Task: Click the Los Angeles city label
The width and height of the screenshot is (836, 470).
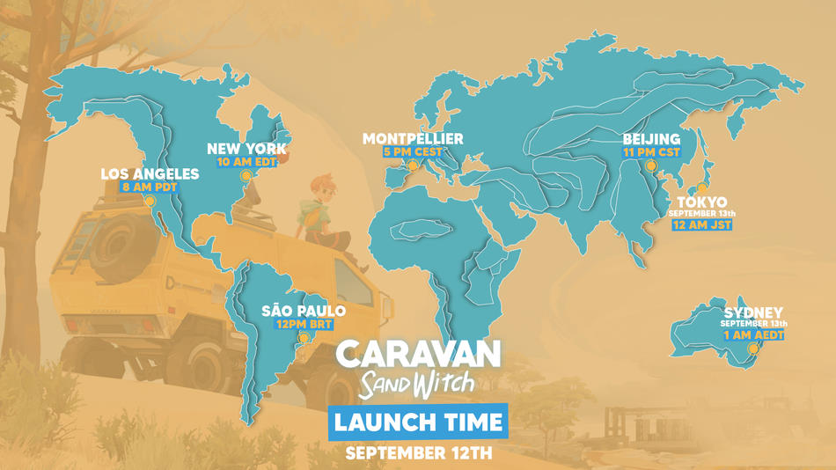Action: pos(150,173)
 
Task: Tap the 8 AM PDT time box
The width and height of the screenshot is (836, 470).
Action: pos(150,187)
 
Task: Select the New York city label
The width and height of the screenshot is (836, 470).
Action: pos(247,149)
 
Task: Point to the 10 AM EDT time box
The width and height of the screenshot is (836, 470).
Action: pos(247,162)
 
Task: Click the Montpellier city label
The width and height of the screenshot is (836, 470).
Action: pos(413,139)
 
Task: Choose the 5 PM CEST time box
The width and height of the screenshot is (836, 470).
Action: pos(413,152)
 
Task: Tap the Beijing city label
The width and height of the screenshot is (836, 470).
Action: pos(651,139)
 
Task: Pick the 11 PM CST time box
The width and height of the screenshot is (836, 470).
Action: pos(651,152)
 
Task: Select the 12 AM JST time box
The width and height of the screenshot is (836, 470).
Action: pos(701,224)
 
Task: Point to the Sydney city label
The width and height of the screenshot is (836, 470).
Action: pos(753,312)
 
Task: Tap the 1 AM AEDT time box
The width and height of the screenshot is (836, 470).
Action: pos(753,334)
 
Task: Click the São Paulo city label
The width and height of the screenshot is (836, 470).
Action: pos(304,311)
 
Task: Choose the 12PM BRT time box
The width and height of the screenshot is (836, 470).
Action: pos(304,324)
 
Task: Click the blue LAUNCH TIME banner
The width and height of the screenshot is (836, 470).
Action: pos(419,422)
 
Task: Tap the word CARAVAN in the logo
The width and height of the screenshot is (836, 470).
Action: pos(419,354)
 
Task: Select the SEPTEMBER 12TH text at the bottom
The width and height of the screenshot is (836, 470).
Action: pos(419,454)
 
